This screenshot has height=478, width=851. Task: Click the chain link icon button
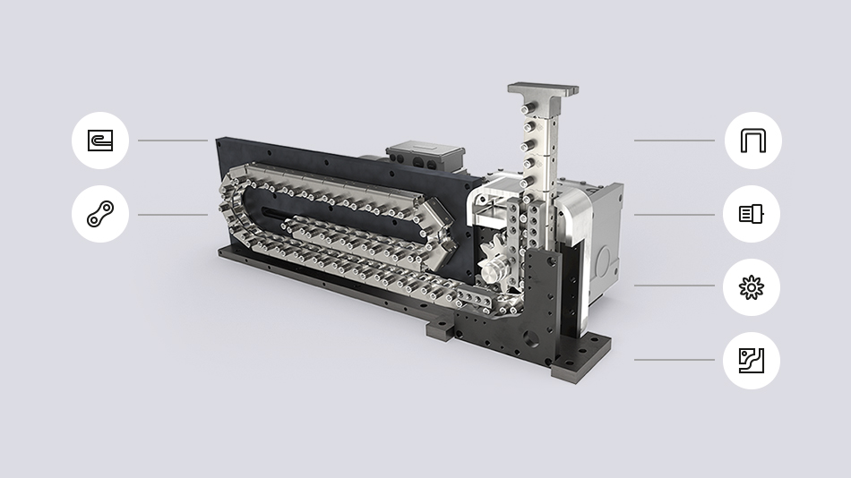point(100,214)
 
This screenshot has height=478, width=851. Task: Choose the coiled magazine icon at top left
point(100,141)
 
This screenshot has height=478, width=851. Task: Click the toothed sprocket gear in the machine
point(494,260)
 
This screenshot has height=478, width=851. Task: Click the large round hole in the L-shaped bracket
point(536,338)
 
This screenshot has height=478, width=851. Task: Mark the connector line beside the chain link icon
point(172,214)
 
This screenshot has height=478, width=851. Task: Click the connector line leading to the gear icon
point(674,286)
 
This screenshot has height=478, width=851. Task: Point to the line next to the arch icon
point(674,141)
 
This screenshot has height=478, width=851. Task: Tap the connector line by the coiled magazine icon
point(172,141)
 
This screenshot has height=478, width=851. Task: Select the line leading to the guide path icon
point(674,360)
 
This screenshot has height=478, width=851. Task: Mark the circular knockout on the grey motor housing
point(605,262)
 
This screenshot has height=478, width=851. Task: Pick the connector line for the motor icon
point(674,214)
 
